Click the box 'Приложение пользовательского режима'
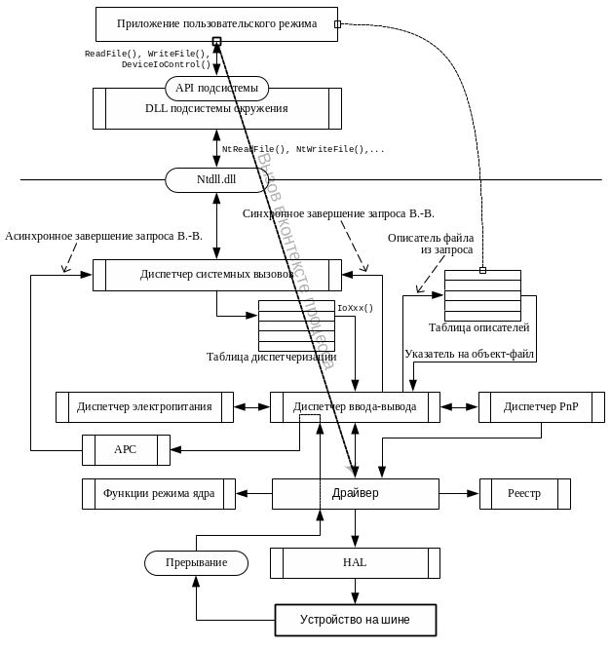click(x=216, y=23)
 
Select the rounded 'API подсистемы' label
click(x=216, y=89)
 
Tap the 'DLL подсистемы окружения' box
click(x=216, y=109)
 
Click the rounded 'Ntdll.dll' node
click(x=216, y=180)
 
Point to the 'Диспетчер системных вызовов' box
click(x=216, y=275)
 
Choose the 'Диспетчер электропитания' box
click(x=144, y=406)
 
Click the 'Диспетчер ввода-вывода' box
click(x=355, y=406)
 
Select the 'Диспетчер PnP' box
click(x=541, y=406)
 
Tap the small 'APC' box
click(x=126, y=449)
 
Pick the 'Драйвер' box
click(x=355, y=494)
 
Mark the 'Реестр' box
click(x=524, y=494)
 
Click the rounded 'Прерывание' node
click(x=196, y=563)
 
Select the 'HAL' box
click(x=355, y=563)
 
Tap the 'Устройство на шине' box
click(x=355, y=620)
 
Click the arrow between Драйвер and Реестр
click(x=459, y=494)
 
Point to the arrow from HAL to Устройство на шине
click(x=355, y=591)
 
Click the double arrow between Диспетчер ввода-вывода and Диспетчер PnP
click(x=459, y=406)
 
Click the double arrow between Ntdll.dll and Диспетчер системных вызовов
click(x=216, y=226)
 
